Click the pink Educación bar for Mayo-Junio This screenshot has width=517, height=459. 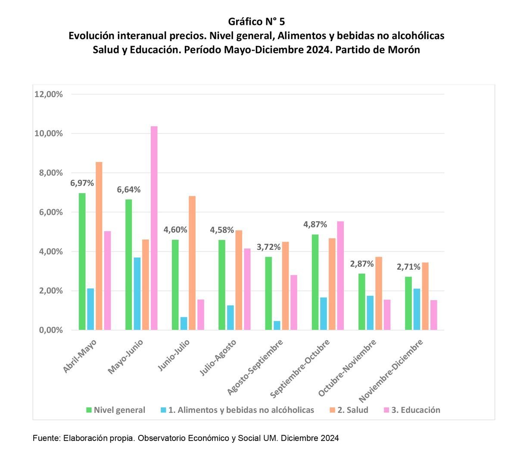click(154, 228)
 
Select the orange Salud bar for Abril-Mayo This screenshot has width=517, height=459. click(99, 246)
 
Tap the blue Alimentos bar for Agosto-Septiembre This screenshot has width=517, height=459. click(277, 326)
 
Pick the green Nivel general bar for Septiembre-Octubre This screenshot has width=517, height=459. click(315, 282)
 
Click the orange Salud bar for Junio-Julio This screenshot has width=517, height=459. click(192, 263)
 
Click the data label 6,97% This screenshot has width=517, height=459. click(82, 183)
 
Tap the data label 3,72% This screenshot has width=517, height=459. click(268, 247)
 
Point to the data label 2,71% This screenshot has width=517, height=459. click(408, 267)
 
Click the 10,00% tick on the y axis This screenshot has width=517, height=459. click(48, 133)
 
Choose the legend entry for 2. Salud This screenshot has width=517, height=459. click(352, 410)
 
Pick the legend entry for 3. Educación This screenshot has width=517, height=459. click(415, 410)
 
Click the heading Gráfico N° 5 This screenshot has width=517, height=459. click(256, 22)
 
